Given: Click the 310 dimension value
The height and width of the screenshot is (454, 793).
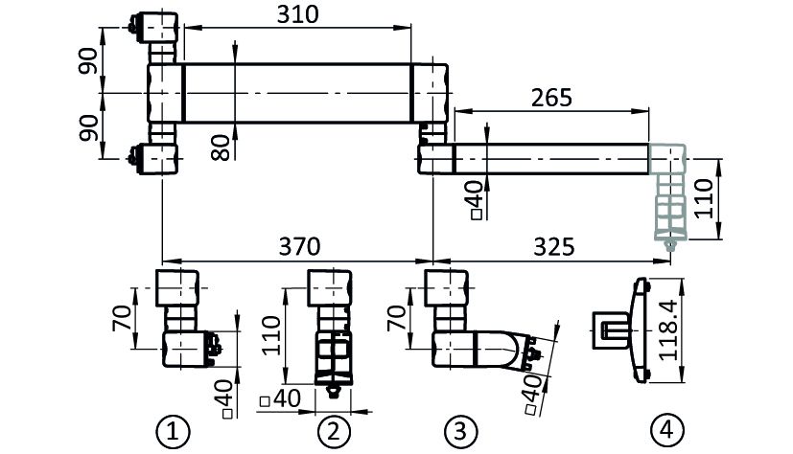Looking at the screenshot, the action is click(298, 14).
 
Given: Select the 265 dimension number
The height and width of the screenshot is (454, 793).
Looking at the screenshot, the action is click(551, 98).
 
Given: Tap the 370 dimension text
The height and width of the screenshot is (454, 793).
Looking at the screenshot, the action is click(299, 246).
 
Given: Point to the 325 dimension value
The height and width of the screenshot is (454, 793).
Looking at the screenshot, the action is click(554, 246).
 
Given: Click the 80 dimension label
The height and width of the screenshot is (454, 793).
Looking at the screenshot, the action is click(221, 148).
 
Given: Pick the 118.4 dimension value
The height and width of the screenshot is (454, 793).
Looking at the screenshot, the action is click(668, 329).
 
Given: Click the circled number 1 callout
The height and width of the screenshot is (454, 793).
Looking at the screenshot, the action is click(173, 432).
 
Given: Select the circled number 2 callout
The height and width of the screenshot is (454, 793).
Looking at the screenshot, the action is click(334, 432).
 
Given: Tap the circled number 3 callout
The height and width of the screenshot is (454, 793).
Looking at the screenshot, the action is click(460, 432).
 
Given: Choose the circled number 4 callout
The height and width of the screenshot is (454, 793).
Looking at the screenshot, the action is click(667, 431).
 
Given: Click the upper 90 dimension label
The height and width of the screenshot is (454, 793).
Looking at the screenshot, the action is click(88, 60).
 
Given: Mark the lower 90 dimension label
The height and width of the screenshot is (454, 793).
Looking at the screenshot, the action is click(88, 127).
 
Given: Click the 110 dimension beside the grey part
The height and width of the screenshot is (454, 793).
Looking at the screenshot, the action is click(704, 198).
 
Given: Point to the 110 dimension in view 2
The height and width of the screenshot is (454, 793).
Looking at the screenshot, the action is click(271, 335).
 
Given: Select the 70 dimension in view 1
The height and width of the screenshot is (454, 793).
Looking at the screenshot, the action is click(123, 318).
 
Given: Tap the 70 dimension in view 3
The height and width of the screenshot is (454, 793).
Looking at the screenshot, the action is click(397, 318).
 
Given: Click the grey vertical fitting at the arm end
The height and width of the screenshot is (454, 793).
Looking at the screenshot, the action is click(668, 197).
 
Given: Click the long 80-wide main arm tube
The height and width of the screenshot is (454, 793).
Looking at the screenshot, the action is click(297, 93).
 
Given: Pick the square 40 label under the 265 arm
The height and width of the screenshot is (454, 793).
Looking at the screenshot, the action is click(477, 200).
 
